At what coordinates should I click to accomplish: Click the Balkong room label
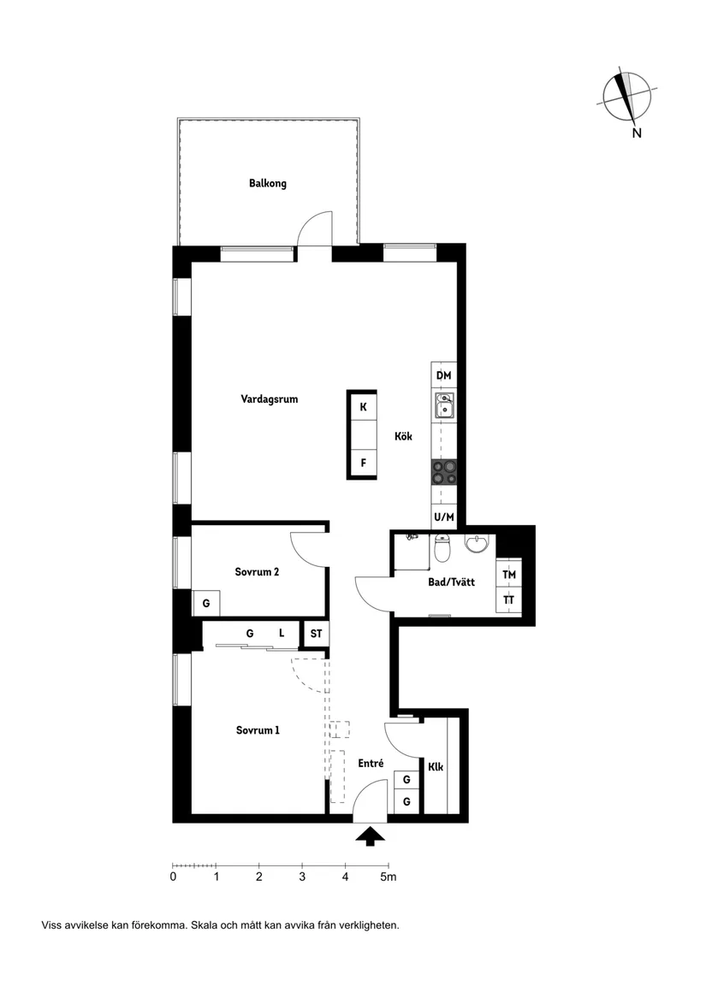point(268,183)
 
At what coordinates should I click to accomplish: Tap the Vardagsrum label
point(269,399)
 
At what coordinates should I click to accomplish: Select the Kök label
point(403,436)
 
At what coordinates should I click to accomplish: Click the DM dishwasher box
point(443,375)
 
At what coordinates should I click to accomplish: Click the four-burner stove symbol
point(444,472)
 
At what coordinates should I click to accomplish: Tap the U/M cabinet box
point(443,517)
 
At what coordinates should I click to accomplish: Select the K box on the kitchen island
point(363,407)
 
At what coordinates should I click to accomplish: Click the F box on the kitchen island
point(363,463)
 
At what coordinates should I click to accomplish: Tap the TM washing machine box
point(509,575)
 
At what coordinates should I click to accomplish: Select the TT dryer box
point(509,600)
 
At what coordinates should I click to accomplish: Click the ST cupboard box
point(316,634)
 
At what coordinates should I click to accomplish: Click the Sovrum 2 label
point(257,572)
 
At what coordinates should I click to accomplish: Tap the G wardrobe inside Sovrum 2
point(205,603)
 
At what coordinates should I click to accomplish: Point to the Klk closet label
point(436,767)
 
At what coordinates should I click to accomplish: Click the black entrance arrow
point(370,836)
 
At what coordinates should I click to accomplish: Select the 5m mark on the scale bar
point(389,877)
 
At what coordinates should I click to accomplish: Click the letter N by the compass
point(637,133)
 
